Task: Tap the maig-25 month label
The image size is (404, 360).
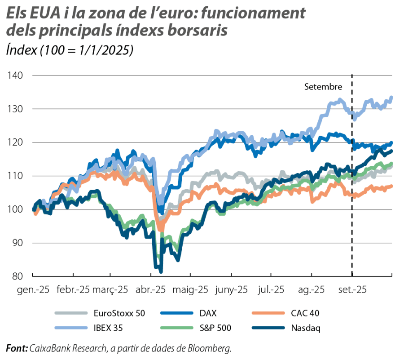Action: (x=191, y=290)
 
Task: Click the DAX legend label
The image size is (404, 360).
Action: (x=210, y=313)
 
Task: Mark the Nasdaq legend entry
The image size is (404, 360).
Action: (x=304, y=328)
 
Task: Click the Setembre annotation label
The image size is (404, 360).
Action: (x=323, y=86)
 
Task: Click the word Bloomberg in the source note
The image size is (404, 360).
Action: (x=211, y=348)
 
